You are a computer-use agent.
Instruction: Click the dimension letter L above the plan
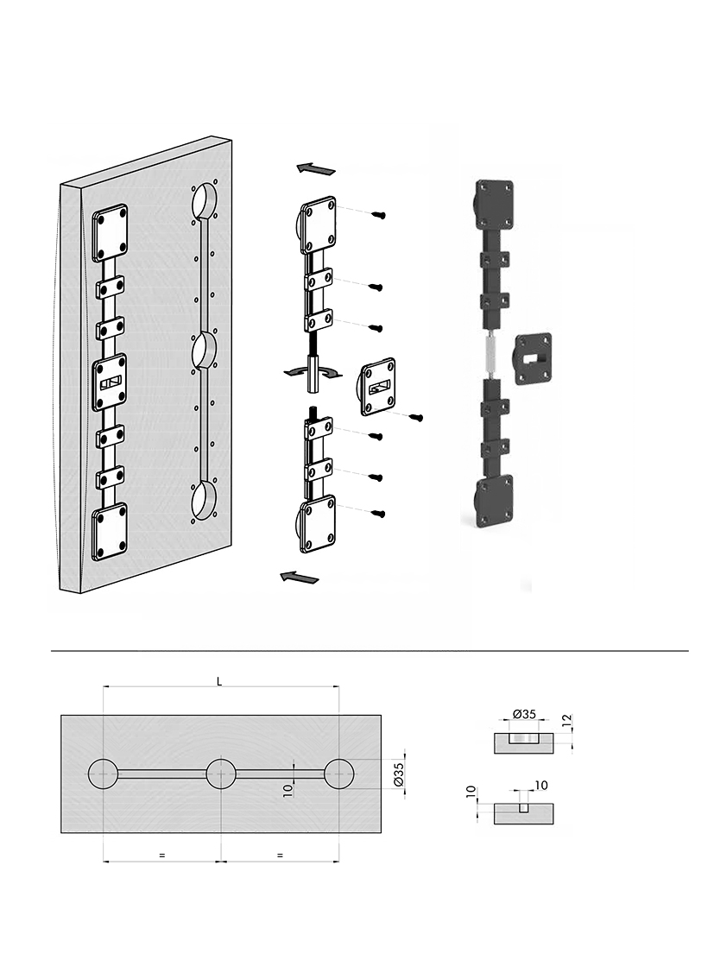[219, 681]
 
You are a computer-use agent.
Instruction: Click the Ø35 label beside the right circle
[398, 774]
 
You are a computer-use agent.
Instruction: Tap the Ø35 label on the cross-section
[524, 714]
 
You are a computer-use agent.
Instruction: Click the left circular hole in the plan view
[104, 774]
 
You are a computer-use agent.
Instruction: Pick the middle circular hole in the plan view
[221, 774]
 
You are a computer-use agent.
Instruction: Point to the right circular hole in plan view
[338, 774]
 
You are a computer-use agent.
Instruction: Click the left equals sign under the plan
[161, 856]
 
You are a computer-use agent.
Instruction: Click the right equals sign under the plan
[280, 856]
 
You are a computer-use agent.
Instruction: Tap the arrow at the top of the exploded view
[316, 168]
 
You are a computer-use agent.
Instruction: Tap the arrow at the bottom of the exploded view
[299, 577]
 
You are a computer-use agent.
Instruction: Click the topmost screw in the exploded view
[377, 214]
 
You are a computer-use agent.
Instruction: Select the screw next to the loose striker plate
[416, 418]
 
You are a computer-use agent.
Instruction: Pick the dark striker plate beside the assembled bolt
[534, 360]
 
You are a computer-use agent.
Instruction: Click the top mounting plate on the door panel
[111, 236]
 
